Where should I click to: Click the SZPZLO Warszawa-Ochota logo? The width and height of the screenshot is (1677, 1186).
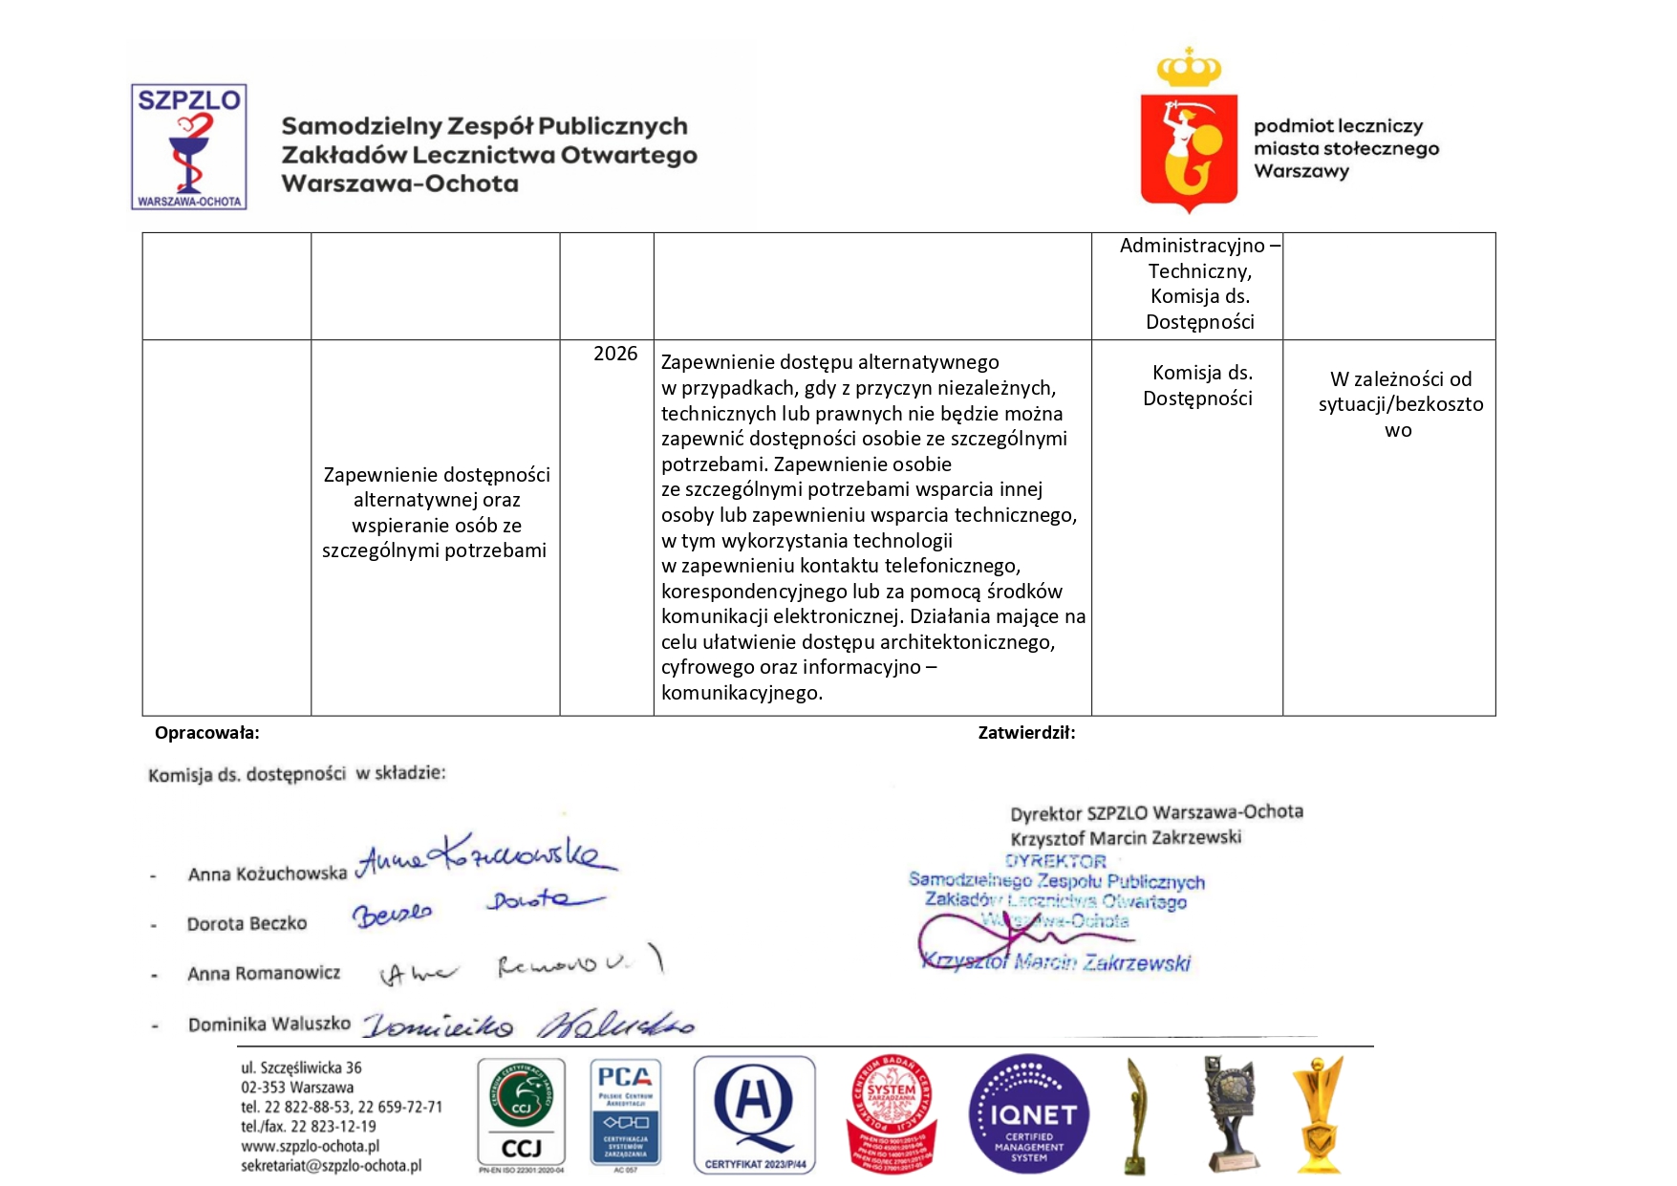pyautogui.click(x=189, y=147)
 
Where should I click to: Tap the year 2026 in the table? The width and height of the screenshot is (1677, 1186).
pyautogui.click(x=614, y=354)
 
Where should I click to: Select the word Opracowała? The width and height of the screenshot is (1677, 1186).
pyautogui.click(x=207, y=733)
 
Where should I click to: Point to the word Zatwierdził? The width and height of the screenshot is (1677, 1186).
pyautogui.click(x=1026, y=733)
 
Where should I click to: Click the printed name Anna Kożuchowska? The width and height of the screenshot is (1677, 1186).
pyautogui.click(x=267, y=873)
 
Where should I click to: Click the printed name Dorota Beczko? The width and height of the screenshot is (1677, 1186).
pyautogui.click(x=247, y=923)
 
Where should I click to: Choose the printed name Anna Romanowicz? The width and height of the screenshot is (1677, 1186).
pyautogui.click(x=264, y=973)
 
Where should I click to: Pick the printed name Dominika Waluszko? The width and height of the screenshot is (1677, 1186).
pyautogui.click(x=269, y=1024)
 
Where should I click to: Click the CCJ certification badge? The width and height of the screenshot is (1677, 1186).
pyautogui.click(x=521, y=1114)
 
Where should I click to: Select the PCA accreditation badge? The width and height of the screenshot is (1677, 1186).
pyautogui.click(x=625, y=1114)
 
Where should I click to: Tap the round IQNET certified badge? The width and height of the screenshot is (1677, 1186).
pyautogui.click(x=1028, y=1114)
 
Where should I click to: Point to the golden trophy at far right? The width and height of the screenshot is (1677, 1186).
pyautogui.click(x=1318, y=1114)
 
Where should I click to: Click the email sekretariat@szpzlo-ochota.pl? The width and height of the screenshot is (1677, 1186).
pyautogui.click(x=331, y=1166)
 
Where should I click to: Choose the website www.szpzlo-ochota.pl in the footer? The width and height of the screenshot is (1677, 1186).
pyautogui.click(x=310, y=1146)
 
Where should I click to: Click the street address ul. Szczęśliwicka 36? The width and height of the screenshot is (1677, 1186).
pyautogui.click(x=301, y=1067)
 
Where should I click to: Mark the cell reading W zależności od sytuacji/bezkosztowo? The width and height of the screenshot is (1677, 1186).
pyautogui.click(x=1400, y=404)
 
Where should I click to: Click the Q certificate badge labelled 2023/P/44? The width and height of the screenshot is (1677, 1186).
pyautogui.click(x=754, y=1114)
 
